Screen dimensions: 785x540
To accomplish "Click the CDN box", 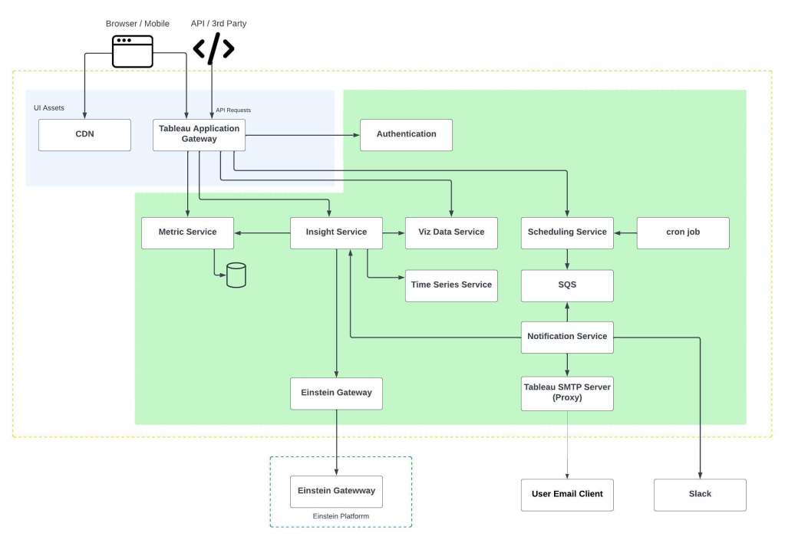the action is coord(84,135).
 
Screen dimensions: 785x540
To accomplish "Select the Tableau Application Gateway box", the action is coord(199,135).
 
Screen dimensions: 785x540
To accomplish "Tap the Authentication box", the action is coord(406,135).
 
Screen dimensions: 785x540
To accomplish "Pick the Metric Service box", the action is coord(187,232).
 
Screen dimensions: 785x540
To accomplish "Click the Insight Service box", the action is coord(336,232).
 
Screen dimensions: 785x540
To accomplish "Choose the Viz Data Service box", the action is coord(451,232).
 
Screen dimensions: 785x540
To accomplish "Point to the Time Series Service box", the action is coord(451,286).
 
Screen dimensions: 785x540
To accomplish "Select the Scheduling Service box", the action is coord(567,232).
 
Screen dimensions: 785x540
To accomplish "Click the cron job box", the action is coord(683,232).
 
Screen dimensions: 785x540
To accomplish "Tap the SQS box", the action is coord(567,286).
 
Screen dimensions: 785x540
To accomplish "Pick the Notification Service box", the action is coord(567,337).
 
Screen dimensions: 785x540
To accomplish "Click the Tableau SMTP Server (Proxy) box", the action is coord(567,393).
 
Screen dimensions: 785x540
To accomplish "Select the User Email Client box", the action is coord(567,495).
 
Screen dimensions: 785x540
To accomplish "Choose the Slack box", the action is coord(700,495).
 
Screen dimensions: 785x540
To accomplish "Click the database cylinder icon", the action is coord(236,275).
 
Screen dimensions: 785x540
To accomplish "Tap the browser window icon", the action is coord(133,51).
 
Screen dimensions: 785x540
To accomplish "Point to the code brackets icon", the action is coord(214,48).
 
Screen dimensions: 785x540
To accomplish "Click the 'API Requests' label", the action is coord(233,110).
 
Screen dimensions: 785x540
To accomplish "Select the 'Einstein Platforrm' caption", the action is coord(341,516).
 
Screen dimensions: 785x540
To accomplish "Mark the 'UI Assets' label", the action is coord(49,107).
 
